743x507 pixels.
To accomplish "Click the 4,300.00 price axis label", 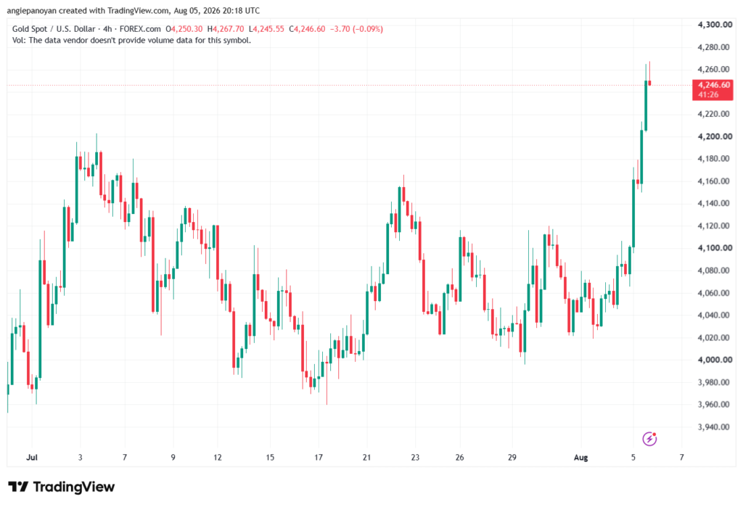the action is pyautogui.click(x=715, y=25).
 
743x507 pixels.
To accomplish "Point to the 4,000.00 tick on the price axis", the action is pyautogui.click(x=715, y=360).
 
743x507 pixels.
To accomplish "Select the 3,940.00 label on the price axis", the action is pyautogui.click(x=714, y=427).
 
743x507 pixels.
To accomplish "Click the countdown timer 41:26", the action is pyautogui.click(x=708, y=95).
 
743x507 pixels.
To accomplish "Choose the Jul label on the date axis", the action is pyautogui.click(x=32, y=457).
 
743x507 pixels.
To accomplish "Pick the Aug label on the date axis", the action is pyautogui.click(x=580, y=457).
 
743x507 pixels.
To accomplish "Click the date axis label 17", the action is pyautogui.click(x=319, y=457).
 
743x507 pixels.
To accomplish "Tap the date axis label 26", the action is pyautogui.click(x=459, y=457).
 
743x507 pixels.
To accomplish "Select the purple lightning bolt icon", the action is pyautogui.click(x=649, y=439).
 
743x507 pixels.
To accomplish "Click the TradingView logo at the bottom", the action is pyautogui.click(x=61, y=487).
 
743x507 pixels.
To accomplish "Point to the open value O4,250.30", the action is pyautogui.click(x=184, y=29).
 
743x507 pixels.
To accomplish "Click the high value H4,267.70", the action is pyautogui.click(x=226, y=29).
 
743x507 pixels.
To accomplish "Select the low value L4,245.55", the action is pyautogui.click(x=266, y=29).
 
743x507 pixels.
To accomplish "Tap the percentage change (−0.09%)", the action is pyautogui.click(x=367, y=29).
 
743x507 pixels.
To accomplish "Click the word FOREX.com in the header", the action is pyautogui.click(x=140, y=29).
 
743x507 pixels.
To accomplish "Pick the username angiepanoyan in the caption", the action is pyautogui.click(x=32, y=10).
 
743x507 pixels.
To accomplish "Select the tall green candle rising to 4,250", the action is pyautogui.click(x=645, y=105).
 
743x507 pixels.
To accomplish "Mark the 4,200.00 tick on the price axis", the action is pyautogui.click(x=715, y=136).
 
